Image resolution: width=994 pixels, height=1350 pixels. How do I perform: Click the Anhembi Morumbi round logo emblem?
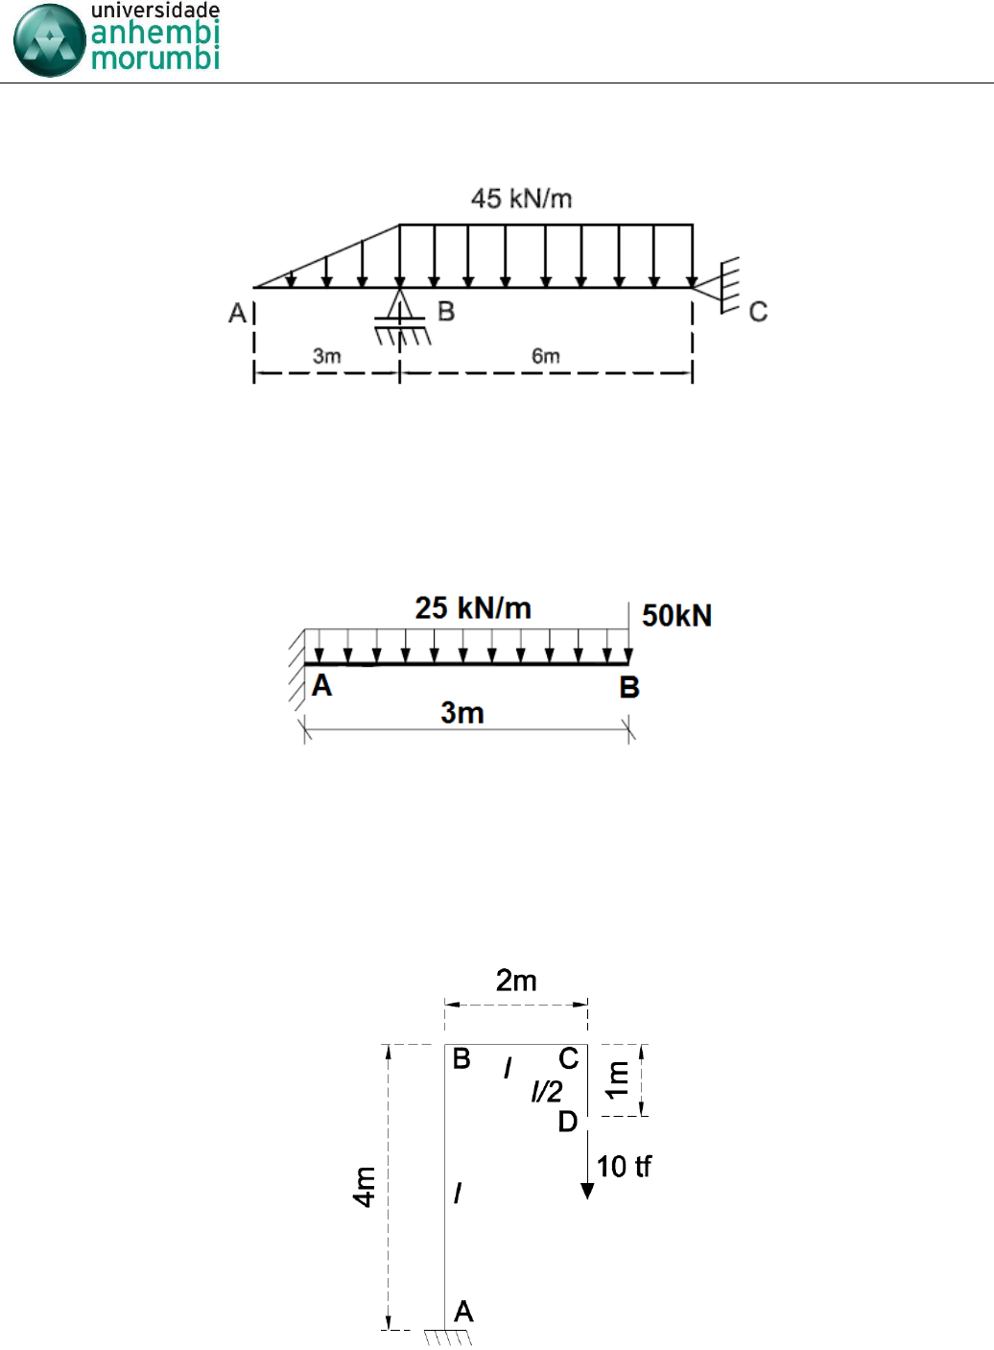(50, 40)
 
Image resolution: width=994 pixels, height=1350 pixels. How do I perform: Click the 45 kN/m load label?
(521, 199)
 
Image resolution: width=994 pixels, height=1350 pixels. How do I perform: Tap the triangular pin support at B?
(400, 304)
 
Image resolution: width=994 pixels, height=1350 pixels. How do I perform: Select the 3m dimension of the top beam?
(327, 356)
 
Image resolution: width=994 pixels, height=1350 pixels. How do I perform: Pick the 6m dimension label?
(546, 356)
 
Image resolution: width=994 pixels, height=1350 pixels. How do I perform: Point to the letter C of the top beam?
(758, 312)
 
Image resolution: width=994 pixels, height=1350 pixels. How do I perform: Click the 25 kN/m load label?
(473, 607)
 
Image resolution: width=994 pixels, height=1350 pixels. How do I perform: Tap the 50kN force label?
(677, 615)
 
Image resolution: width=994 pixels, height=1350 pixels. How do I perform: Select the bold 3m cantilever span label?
(462, 713)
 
